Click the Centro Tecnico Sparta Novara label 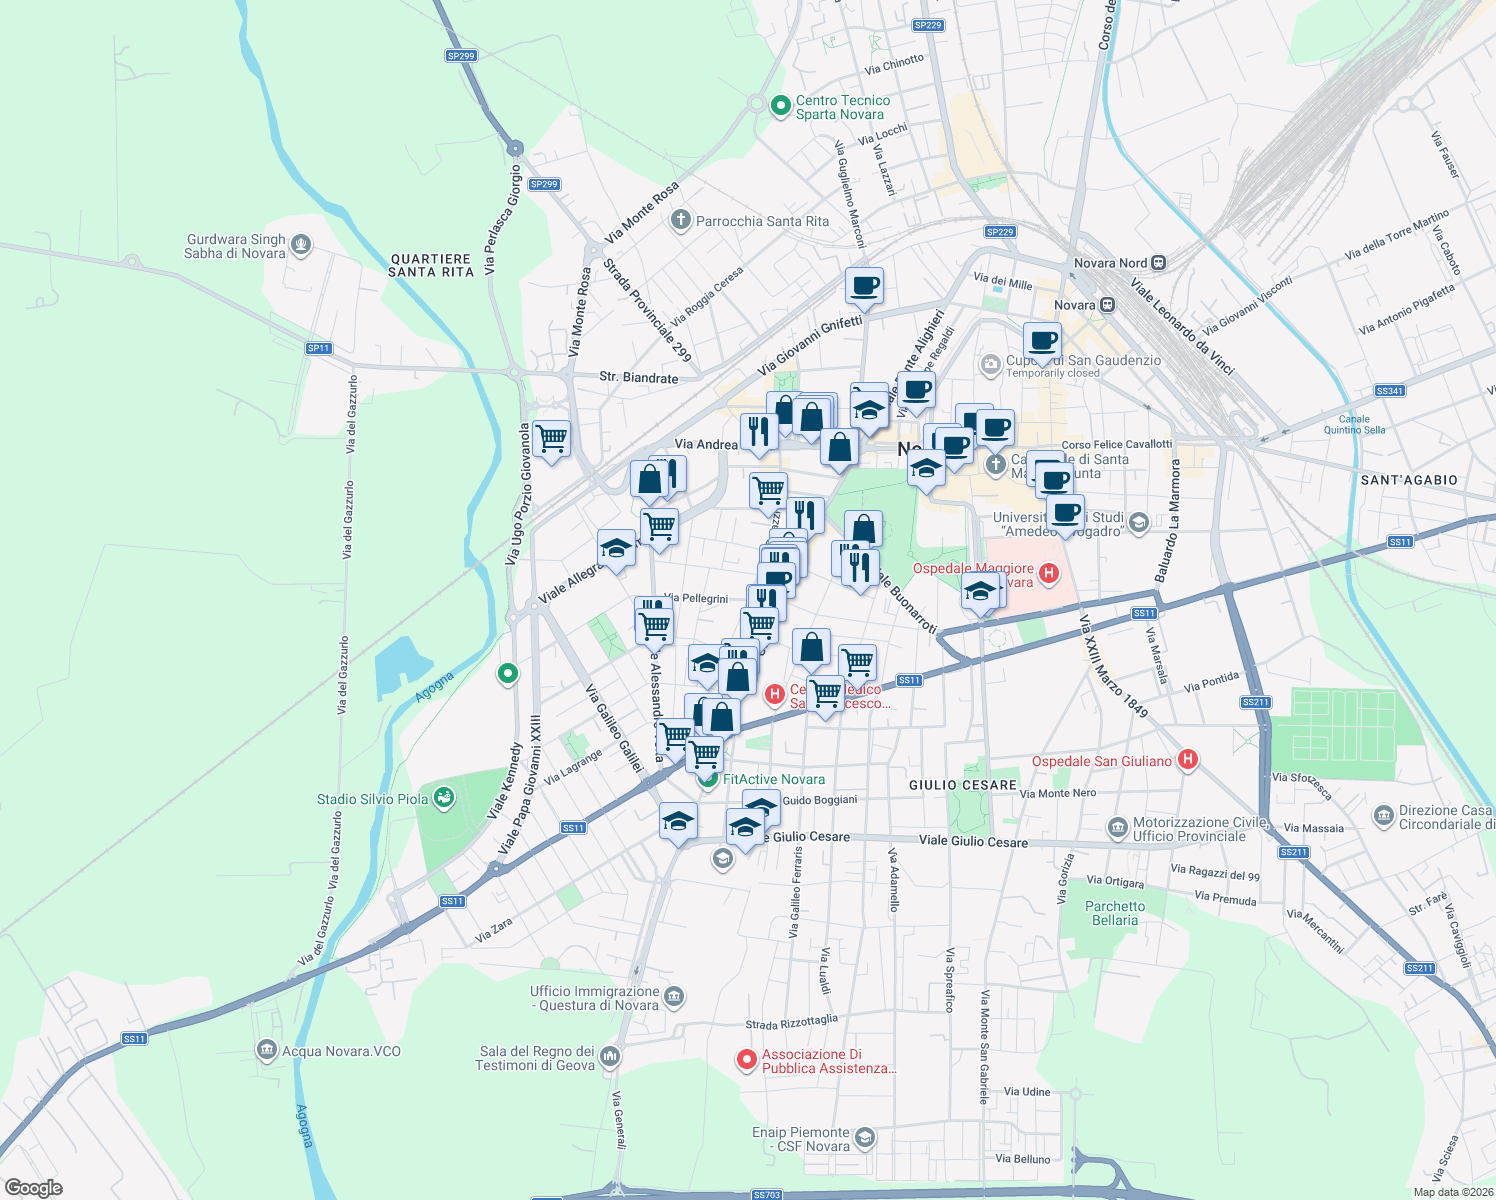[842, 107]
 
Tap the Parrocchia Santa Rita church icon [681, 220]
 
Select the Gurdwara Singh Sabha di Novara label [235, 246]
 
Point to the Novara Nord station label [1110, 263]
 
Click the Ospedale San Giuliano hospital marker [1188, 760]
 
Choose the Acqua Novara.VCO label [341, 1051]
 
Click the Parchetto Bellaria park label [1115, 913]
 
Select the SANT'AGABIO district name [1409, 480]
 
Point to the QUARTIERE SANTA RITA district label [431, 265]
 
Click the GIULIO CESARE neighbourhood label [963, 785]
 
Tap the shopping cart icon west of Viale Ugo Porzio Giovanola [552, 438]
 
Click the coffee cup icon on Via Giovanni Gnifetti [864, 286]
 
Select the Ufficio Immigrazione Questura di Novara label [595, 998]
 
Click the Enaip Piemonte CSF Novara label [801, 1139]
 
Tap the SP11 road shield [319, 348]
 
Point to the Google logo [34, 1188]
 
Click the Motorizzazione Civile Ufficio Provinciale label [1190, 829]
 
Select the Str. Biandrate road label [638, 378]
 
